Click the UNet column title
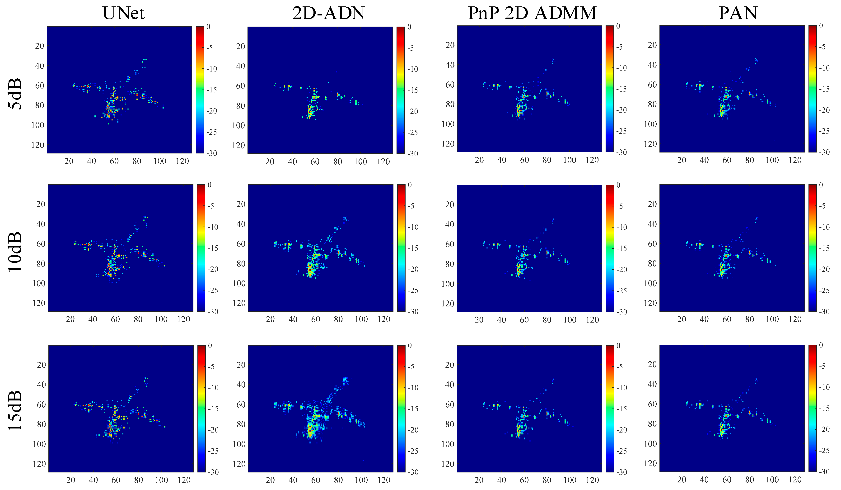[x=123, y=13]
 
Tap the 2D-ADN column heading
[x=328, y=13]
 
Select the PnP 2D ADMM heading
[x=532, y=13]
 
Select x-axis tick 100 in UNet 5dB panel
[x=159, y=161]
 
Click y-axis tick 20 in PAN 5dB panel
[x=652, y=45]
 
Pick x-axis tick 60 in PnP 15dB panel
[x=524, y=480]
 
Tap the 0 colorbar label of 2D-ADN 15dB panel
[x=410, y=346]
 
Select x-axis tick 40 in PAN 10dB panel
[x=704, y=319]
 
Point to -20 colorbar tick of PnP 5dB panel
[x=621, y=110]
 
